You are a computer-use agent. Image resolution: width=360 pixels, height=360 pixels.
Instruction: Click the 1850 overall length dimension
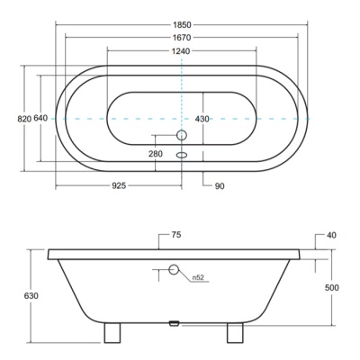point(182,24)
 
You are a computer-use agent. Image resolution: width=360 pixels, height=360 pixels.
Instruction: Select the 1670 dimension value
point(182,38)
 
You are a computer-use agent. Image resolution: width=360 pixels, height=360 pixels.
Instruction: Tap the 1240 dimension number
point(181,51)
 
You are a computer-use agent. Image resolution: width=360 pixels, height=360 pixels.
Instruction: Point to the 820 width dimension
point(24,119)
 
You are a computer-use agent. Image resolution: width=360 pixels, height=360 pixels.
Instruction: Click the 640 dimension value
point(40,118)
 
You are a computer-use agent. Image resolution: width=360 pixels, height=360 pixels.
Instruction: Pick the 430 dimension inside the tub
point(202,119)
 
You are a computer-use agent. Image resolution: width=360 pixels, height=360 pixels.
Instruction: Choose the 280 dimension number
point(156,154)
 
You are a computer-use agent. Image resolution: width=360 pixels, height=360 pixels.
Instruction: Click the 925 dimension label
point(119,186)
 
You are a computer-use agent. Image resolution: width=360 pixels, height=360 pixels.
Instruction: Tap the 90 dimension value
point(220,186)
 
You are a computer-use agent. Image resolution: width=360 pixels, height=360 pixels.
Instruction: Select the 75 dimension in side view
point(176,235)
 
